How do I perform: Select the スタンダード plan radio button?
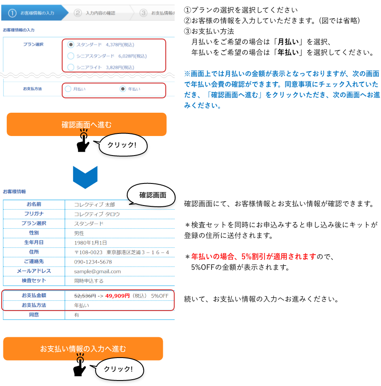pyautogui.click(x=71, y=44)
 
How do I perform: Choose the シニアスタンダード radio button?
pyautogui.click(x=71, y=56)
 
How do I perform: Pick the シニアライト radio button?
pyautogui.click(x=71, y=67)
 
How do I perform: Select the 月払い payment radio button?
pyautogui.click(x=68, y=89)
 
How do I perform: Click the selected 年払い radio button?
pyautogui.click(x=123, y=89)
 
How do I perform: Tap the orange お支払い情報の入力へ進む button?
pyautogui.click(x=83, y=349)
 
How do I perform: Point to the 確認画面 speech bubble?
pyautogui.click(x=153, y=195)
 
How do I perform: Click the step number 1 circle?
pyautogui.click(x=12, y=13)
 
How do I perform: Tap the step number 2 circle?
pyautogui.click(x=77, y=13)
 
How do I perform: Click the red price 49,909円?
pyautogui.click(x=118, y=296)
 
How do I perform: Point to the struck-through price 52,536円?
pyautogui.click(x=85, y=296)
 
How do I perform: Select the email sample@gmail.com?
pyautogui.click(x=97, y=271)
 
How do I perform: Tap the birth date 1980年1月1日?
pyautogui.click(x=90, y=243)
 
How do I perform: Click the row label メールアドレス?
pyautogui.click(x=34, y=271)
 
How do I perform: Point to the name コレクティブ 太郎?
pyautogui.click(x=94, y=205)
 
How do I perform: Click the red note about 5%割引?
pyautogui.click(x=253, y=256)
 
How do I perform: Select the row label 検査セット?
pyautogui.click(x=34, y=280)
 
